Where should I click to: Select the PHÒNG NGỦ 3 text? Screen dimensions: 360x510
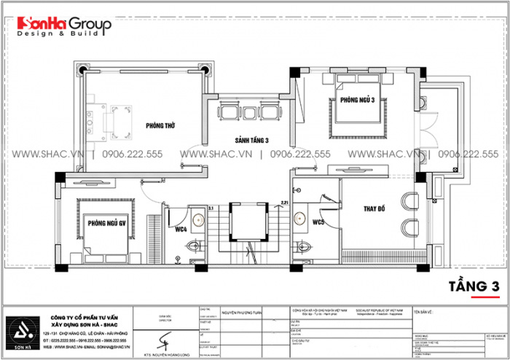[x=356, y=101]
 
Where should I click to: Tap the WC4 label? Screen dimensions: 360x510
[x=181, y=230]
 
